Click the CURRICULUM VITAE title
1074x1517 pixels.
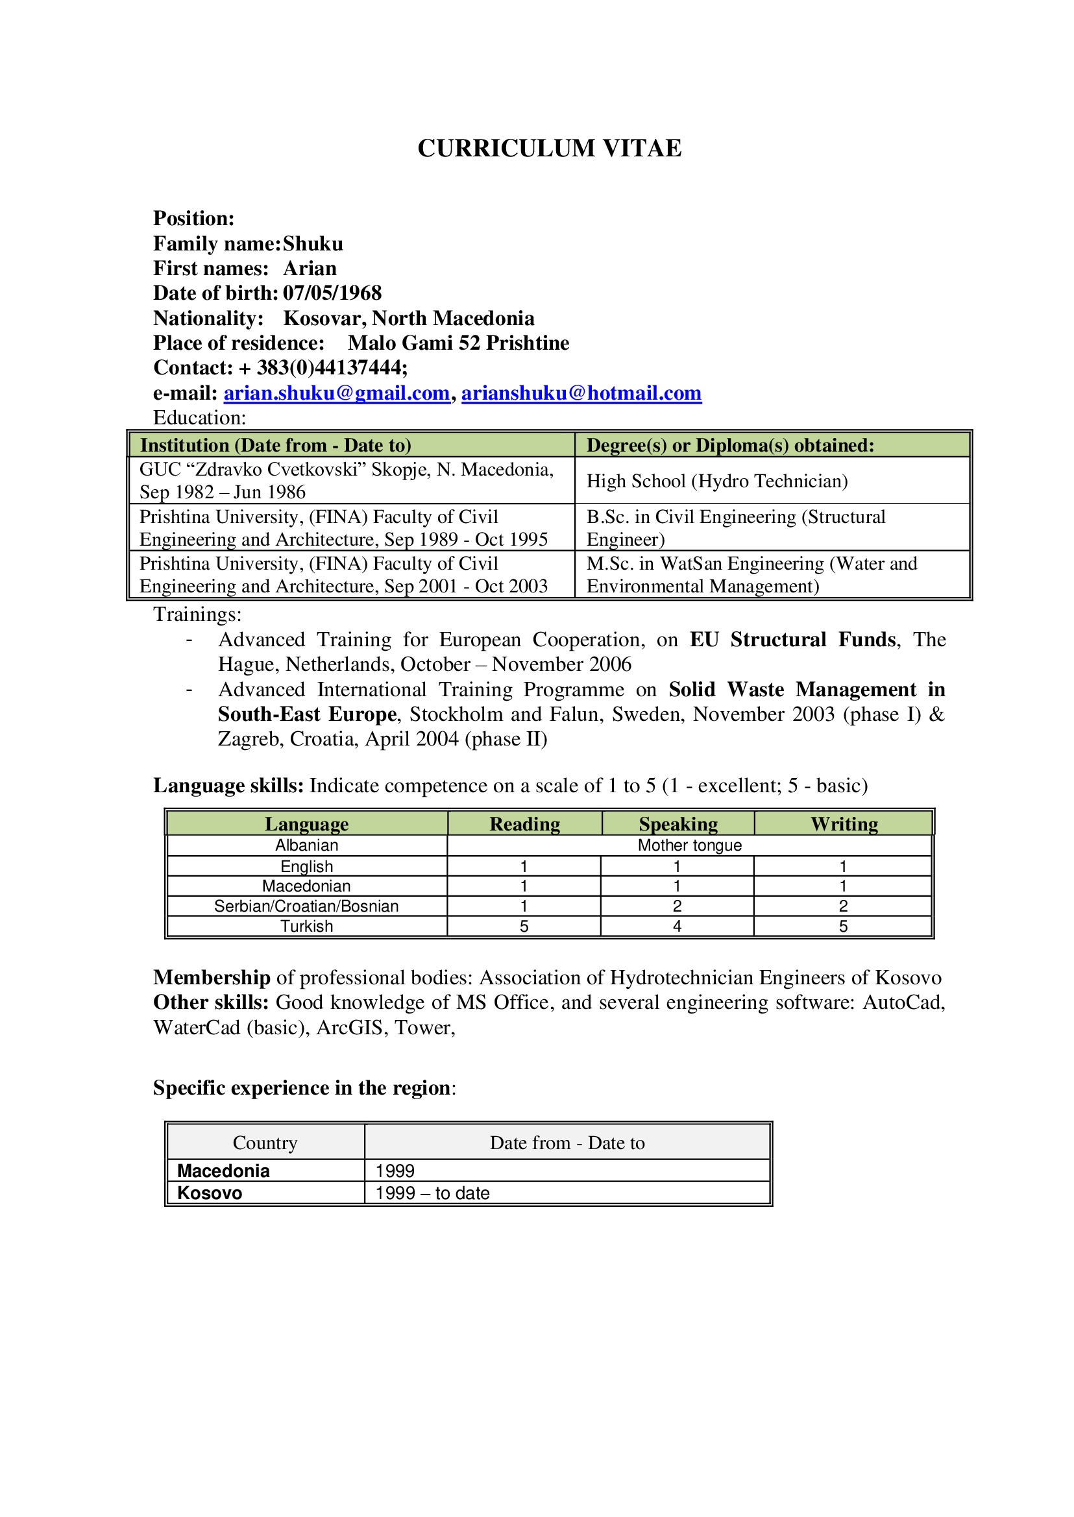(x=549, y=148)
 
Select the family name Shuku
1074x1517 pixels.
(x=313, y=243)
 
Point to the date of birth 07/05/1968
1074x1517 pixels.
(x=332, y=293)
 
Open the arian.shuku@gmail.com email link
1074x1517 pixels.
(x=337, y=393)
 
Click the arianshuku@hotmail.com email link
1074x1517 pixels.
(x=581, y=393)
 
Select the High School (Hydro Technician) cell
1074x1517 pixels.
(x=717, y=481)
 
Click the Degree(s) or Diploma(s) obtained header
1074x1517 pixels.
(x=730, y=445)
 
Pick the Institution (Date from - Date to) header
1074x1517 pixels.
(x=275, y=445)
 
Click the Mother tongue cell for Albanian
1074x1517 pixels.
(x=689, y=845)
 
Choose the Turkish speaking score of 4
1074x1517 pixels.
(x=677, y=927)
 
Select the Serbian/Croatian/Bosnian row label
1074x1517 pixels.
(x=306, y=906)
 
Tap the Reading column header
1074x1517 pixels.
(x=524, y=824)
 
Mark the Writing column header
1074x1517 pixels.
(x=844, y=824)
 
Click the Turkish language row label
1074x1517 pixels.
(x=306, y=927)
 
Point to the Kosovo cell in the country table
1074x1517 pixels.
(x=210, y=1193)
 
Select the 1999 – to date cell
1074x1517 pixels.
(x=432, y=1193)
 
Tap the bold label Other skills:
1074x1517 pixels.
(x=211, y=1002)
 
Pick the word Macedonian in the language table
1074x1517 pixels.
(x=306, y=886)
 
